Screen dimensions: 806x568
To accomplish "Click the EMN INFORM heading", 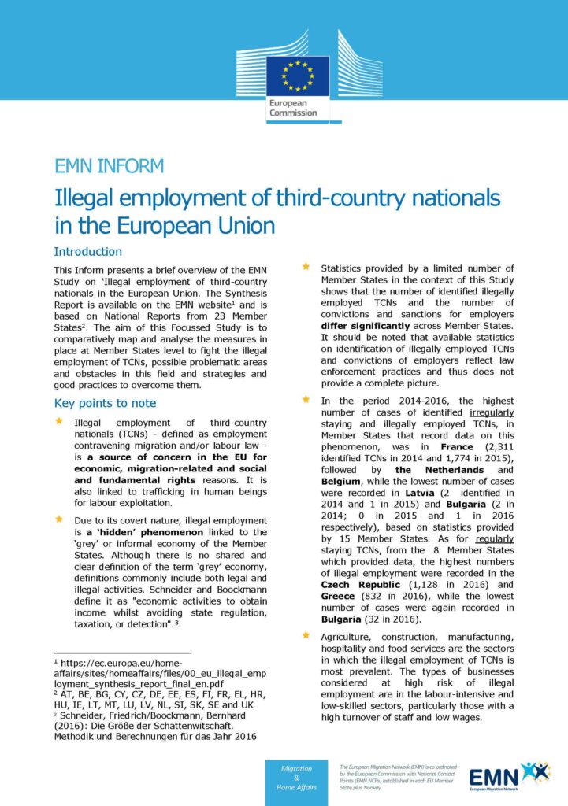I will click(109, 166).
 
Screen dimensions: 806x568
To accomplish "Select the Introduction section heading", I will click(87, 252).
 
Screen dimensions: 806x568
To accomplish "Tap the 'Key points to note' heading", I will click(105, 403).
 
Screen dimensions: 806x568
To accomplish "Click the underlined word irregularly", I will click(492, 412).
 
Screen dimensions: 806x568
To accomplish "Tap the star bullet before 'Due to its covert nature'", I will click(58, 519).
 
